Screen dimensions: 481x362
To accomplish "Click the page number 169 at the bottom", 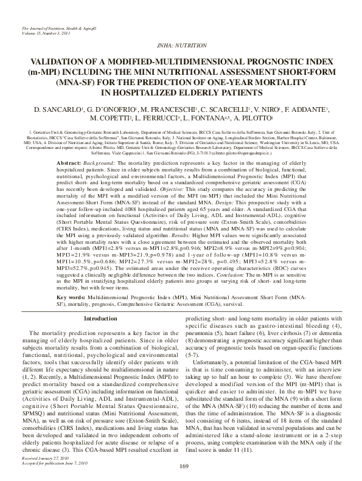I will [181, 466].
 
